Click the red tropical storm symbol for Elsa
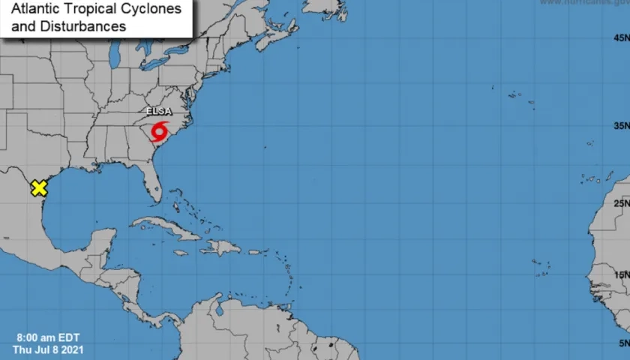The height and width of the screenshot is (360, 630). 159,133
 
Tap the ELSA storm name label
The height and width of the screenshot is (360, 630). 159,112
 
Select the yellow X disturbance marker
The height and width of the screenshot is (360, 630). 38,188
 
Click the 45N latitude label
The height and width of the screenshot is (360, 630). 619,38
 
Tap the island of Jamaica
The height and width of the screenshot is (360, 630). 180,253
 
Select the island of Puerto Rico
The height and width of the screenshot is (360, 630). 254,252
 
